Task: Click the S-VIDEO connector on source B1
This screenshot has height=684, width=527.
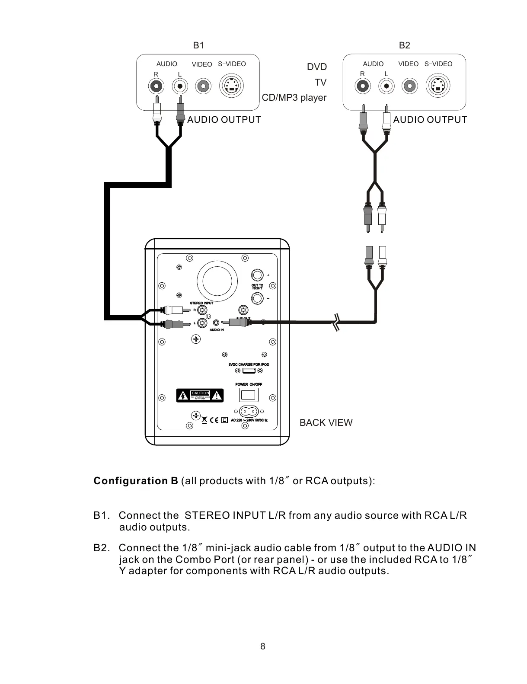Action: [232, 87]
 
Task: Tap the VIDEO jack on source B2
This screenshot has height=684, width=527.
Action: [409, 86]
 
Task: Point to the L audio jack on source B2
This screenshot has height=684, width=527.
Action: [386, 86]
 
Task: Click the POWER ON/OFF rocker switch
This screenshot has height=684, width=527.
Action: [249, 395]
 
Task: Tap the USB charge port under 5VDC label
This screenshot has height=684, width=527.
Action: [249, 371]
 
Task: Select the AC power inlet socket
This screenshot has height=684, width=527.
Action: [249, 411]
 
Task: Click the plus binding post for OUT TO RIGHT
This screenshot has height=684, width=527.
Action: [257, 275]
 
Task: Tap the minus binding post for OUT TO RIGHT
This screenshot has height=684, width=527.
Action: [257, 298]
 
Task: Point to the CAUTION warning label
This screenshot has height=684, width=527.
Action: [200, 395]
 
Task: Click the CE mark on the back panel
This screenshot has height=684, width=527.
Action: [214, 419]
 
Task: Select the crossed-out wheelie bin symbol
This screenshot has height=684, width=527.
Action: [204, 419]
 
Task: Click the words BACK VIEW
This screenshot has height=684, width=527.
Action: [326, 423]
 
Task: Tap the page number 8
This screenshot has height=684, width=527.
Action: [263, 646]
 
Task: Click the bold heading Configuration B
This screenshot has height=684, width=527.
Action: [136, 481]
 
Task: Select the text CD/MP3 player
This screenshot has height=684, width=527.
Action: [294, 98]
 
